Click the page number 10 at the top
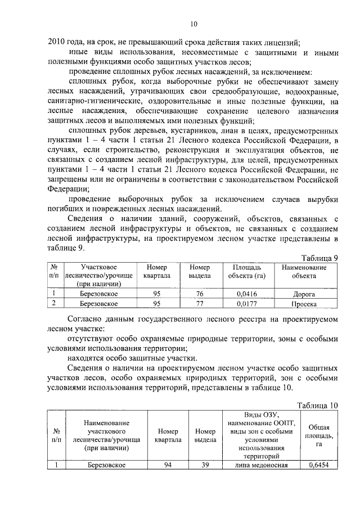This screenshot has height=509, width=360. (x=193, y=24)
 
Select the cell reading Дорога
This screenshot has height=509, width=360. (x=304, y=294)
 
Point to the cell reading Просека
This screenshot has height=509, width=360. (x=304, y=304)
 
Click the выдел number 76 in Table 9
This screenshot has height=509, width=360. (x=199, y=294)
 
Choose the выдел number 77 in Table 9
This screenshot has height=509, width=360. (x=199, y=304)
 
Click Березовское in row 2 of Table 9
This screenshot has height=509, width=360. (x=98, y=304)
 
